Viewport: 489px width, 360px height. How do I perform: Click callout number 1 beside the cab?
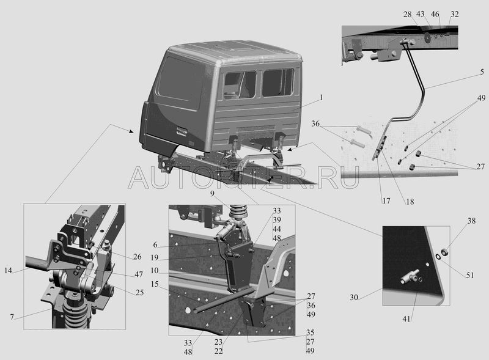click(x=321, y=98)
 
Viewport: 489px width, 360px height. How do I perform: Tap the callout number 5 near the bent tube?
click(x=482, y=72)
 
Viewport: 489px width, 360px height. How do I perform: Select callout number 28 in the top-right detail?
click(x=407, y=14)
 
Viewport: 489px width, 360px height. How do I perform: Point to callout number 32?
click(x=455, y=14)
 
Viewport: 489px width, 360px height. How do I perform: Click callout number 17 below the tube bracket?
click(x=386, y=201)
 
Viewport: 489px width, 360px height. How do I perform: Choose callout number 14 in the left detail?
click(x=9, y=271)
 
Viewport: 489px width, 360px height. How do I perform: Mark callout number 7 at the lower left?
click(x=12, y=317)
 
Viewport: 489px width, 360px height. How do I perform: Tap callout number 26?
click(x=137, y=257)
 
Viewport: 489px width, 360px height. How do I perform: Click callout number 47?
click(x=139, y=274)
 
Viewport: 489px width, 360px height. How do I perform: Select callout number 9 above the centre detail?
click(x=212, y=194)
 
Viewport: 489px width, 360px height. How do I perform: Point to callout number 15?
click(x=155, y=284)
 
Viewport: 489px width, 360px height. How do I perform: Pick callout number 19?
click(x=155, y=258)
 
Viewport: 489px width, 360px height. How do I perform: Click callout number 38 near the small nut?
click(x=471, y=221)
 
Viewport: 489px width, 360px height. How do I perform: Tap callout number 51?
click(x=470, y=275)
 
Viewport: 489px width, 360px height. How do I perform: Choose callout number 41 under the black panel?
click(x=406, y=319)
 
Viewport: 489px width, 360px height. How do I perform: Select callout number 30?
click(x=354, y=297)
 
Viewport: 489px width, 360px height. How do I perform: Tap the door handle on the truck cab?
click(x=182, y=131)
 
